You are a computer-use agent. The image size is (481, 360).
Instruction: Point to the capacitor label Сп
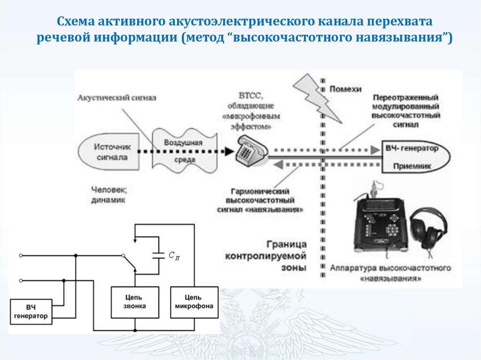(173, 255)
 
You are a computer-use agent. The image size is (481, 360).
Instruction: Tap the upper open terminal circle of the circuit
(21, 256)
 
